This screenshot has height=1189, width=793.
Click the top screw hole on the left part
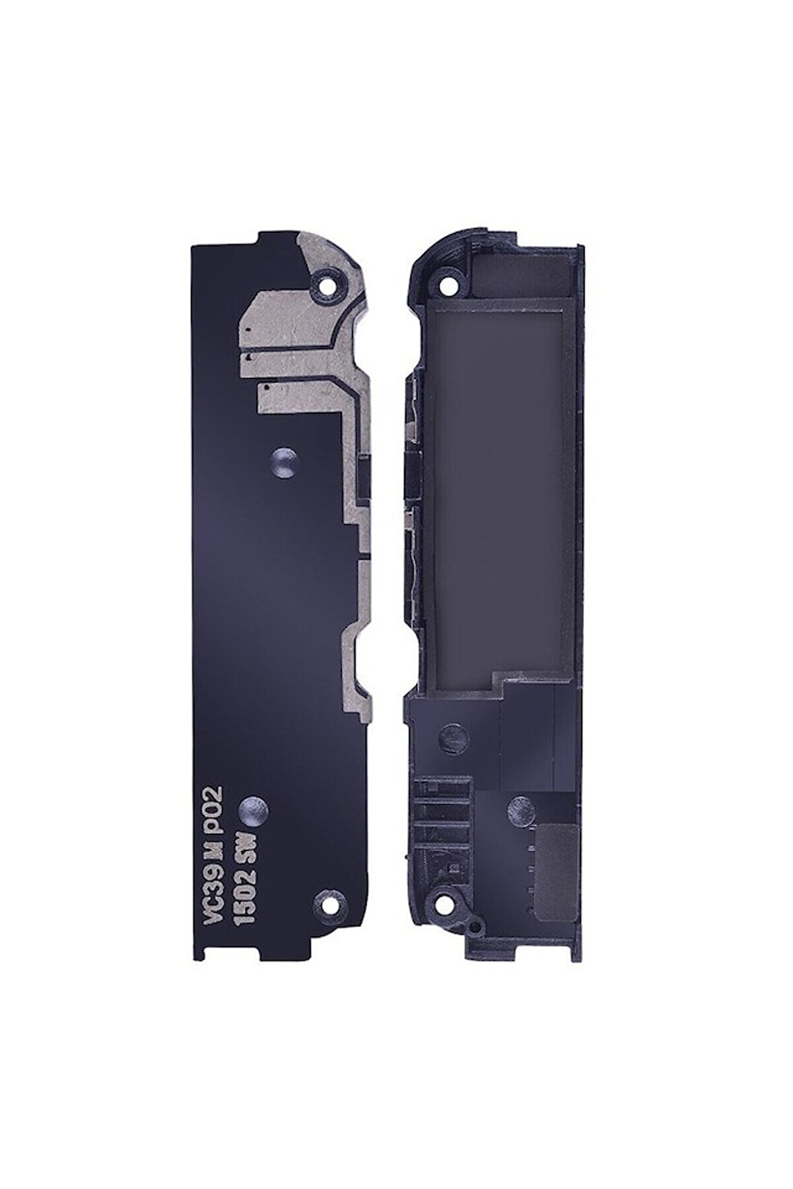coord(325,288)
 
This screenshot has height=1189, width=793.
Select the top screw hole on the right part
coord(450,286)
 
